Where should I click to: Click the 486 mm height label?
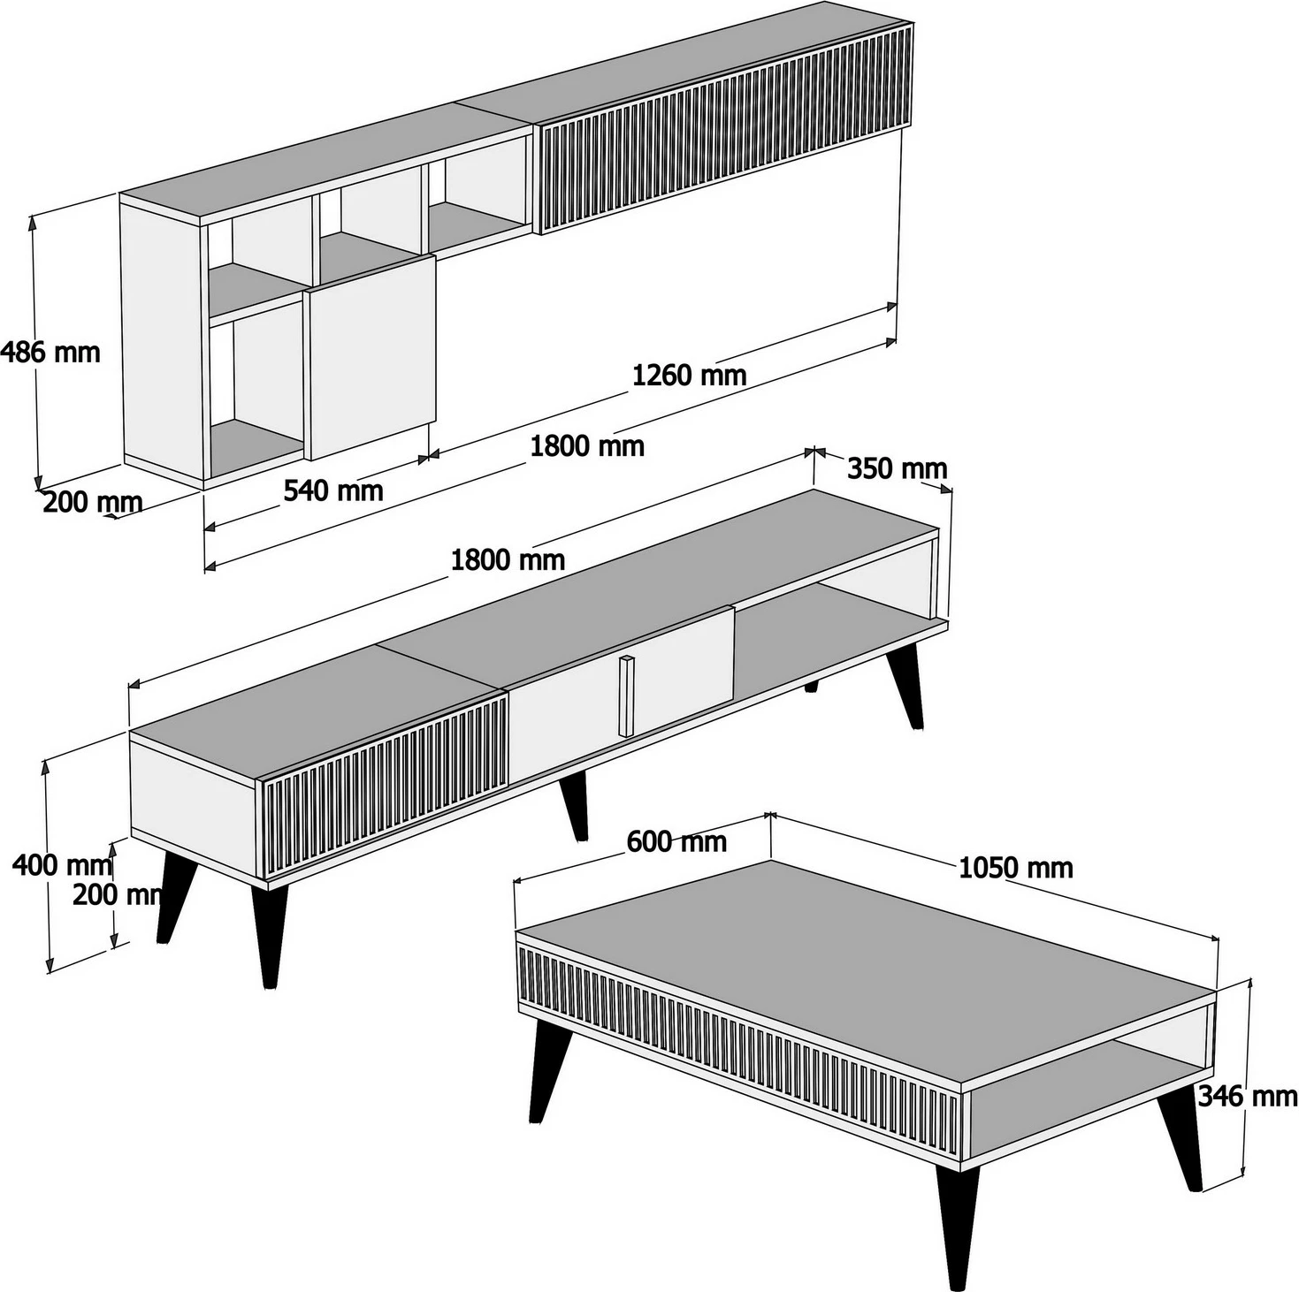pos(50,352)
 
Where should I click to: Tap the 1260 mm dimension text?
pos(689,375)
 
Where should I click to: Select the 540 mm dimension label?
pos(333,490)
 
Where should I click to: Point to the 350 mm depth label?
pos(897,468)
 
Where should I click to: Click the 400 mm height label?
pos(62,864)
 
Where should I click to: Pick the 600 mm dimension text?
pos(676,841)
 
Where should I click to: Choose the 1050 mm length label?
pos(1016,868)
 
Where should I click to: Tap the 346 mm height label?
pos(1247,1096)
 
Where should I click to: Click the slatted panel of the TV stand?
pos(385,783)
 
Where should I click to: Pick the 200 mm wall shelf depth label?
pos(92,502)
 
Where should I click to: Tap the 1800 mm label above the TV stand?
pos(508,560)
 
